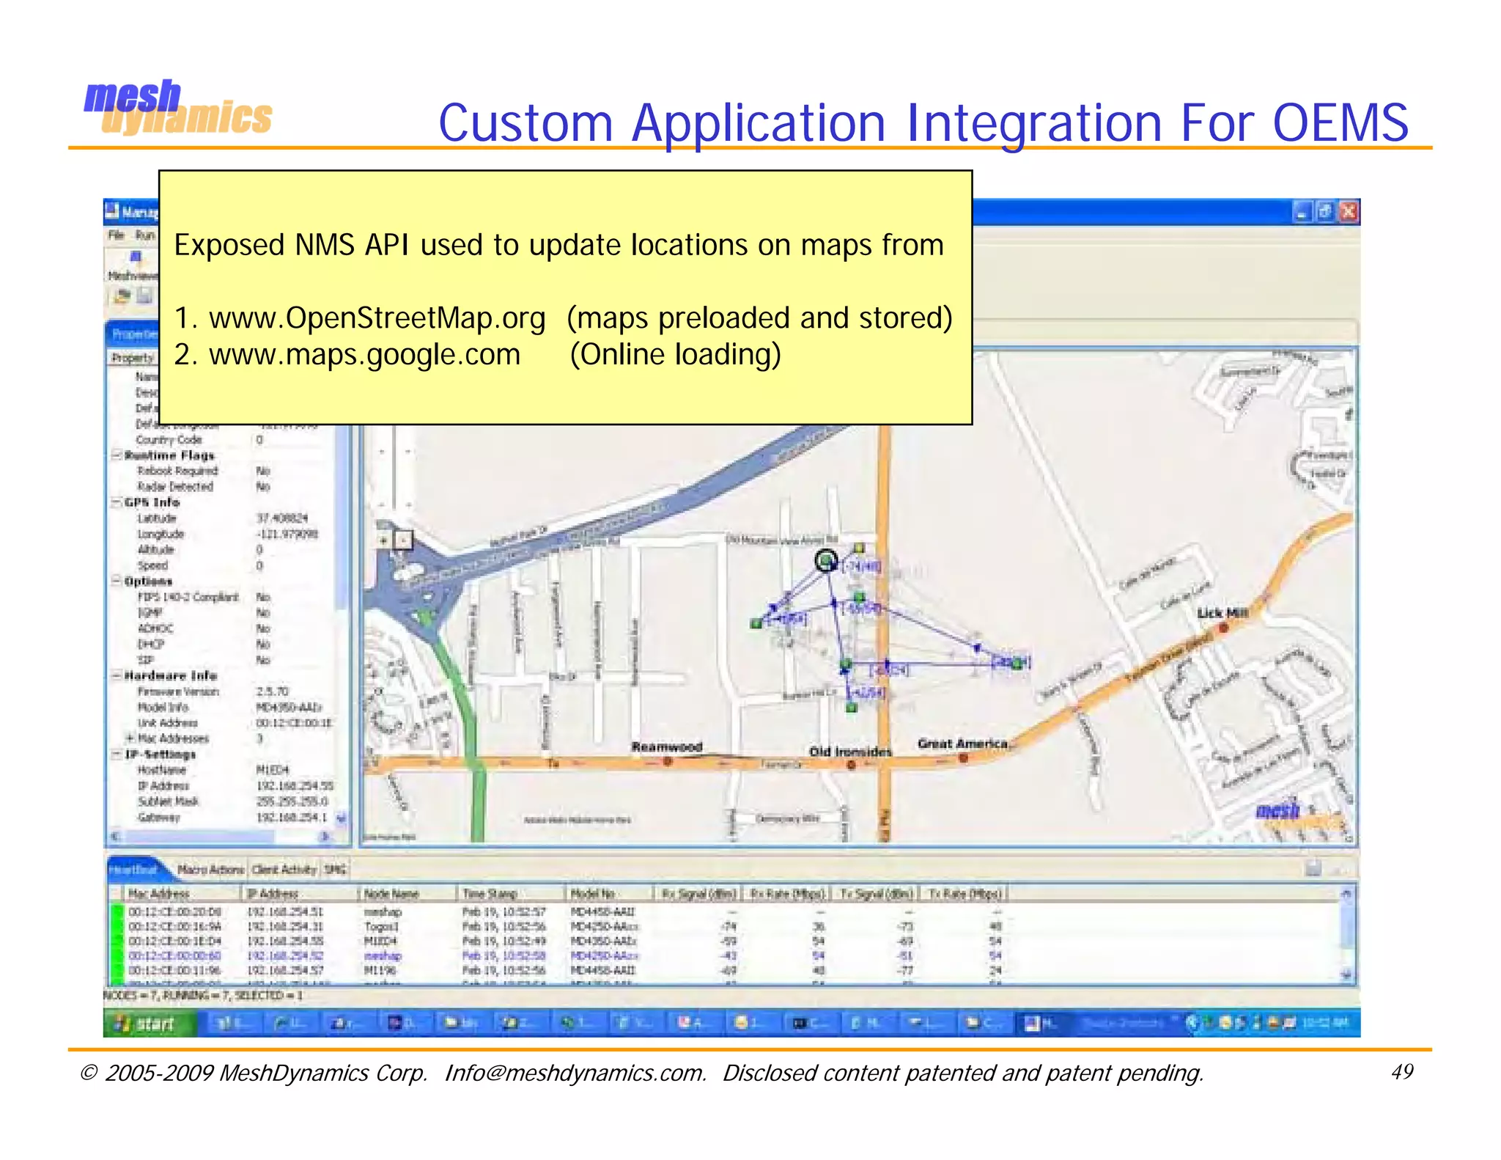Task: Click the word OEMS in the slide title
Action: click(1340, 122)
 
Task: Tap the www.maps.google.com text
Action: click(364, 355)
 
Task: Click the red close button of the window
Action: click(1349, 212)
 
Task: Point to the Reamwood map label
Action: click(667, 746)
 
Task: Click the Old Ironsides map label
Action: click(850, 752)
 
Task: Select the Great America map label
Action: click(963, 744)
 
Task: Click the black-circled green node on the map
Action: click(826, 561)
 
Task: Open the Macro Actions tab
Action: click(210, 870)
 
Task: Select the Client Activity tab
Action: click(284, 870)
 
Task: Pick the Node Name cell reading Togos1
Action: click(381, 927)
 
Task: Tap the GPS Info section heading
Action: click(152, 502)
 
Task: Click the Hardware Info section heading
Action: click(170, 675)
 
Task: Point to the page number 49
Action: click(1401, 1072)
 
